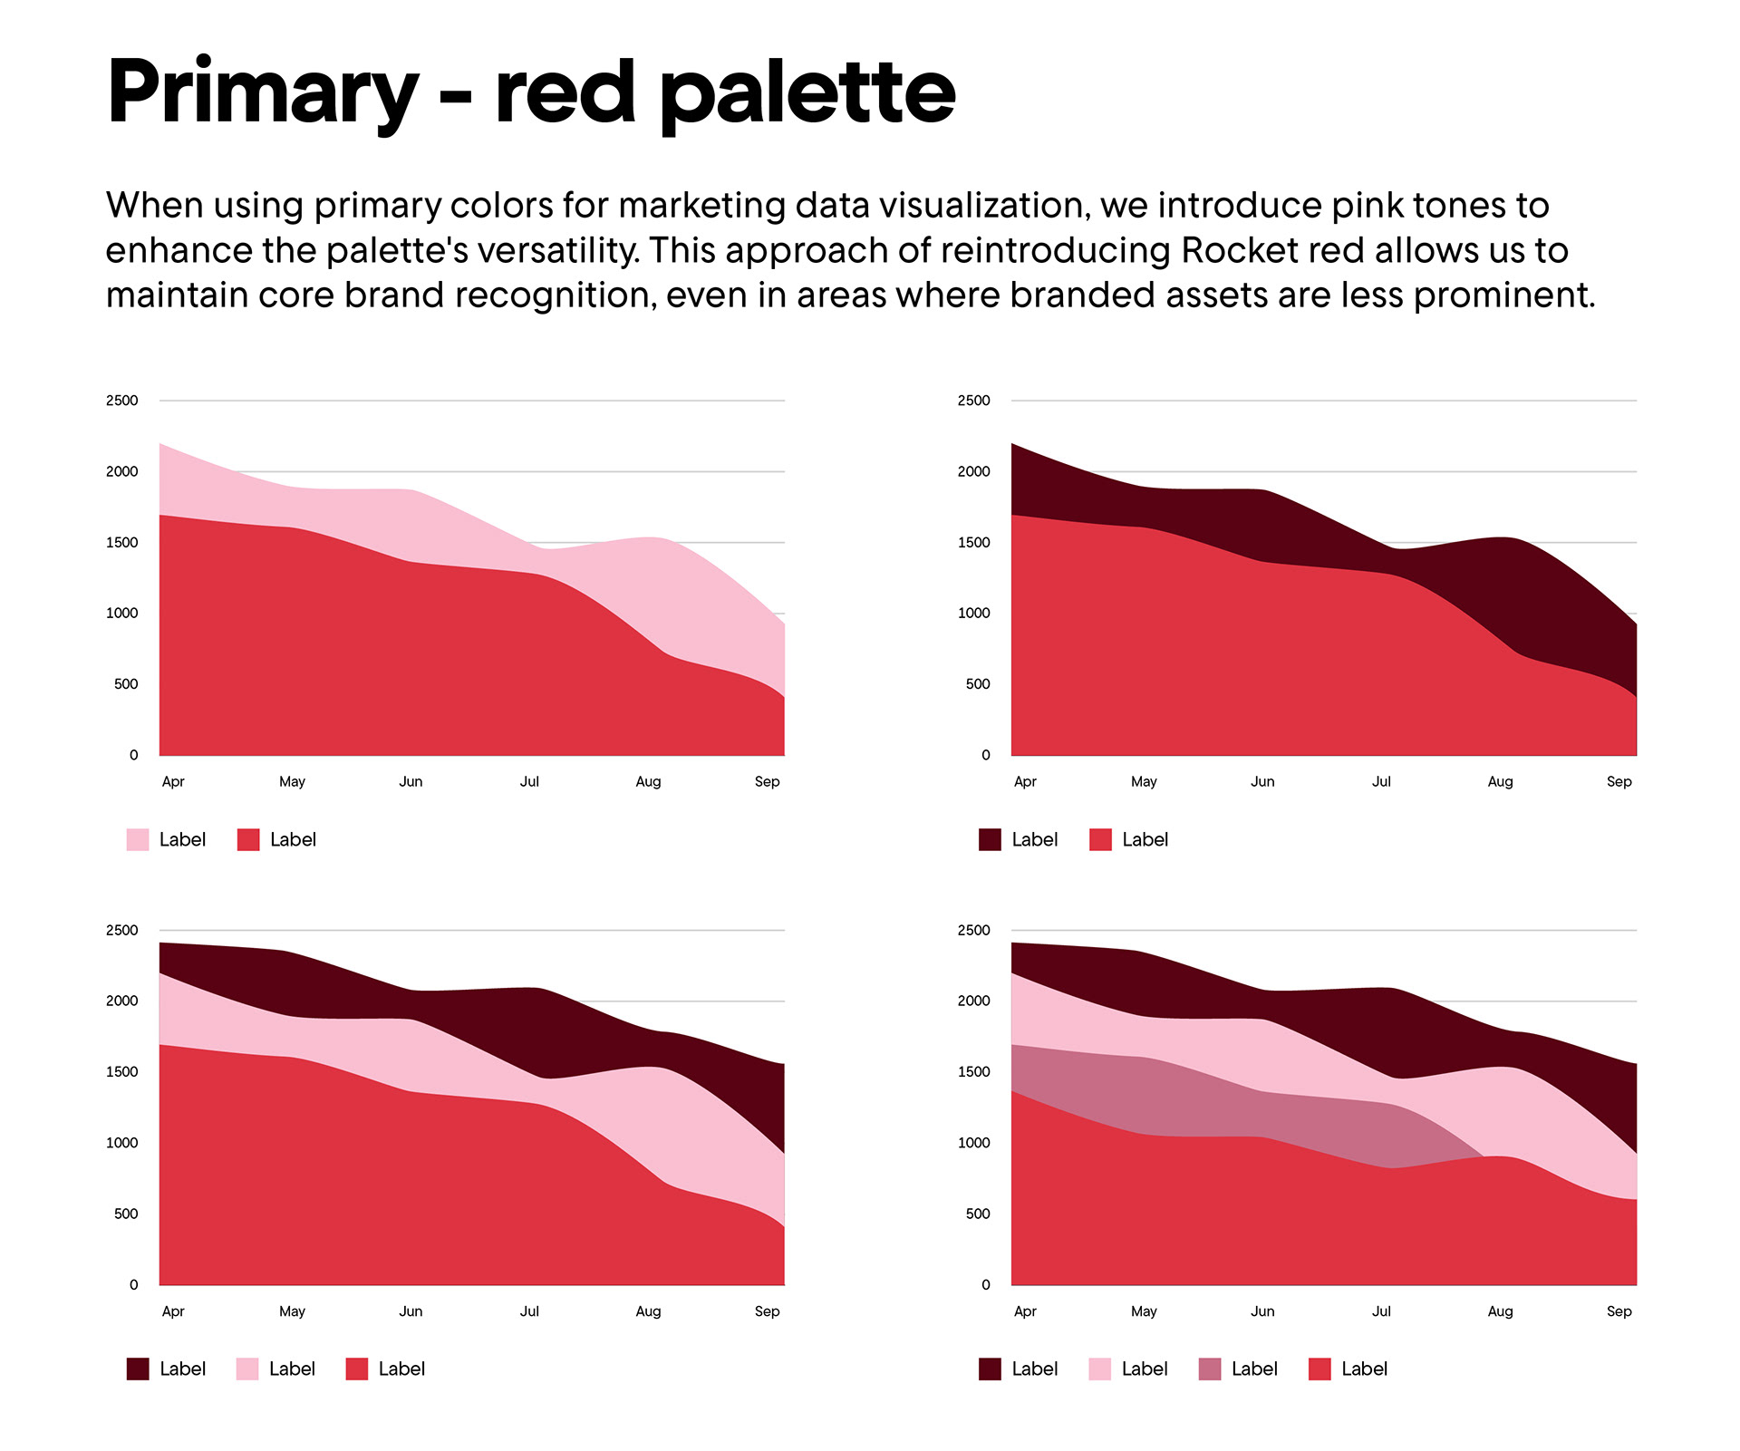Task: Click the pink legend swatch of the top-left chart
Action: coord(138,839)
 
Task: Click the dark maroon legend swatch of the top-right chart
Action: coord(990,839)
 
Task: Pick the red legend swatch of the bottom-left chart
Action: coord(357,1369)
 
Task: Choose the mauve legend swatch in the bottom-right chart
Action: coord(1210,1369)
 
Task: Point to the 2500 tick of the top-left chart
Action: coord(122,401)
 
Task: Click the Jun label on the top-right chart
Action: coord(1262,781)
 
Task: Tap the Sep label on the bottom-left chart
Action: coord(767,1311)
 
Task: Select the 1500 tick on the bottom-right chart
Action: coord(974,1071)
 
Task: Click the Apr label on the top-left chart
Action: coord(173,781)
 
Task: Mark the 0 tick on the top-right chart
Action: coord(986,755)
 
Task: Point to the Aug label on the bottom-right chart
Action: coord(1500,1311)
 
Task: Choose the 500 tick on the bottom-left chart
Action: coord(126,1214)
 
